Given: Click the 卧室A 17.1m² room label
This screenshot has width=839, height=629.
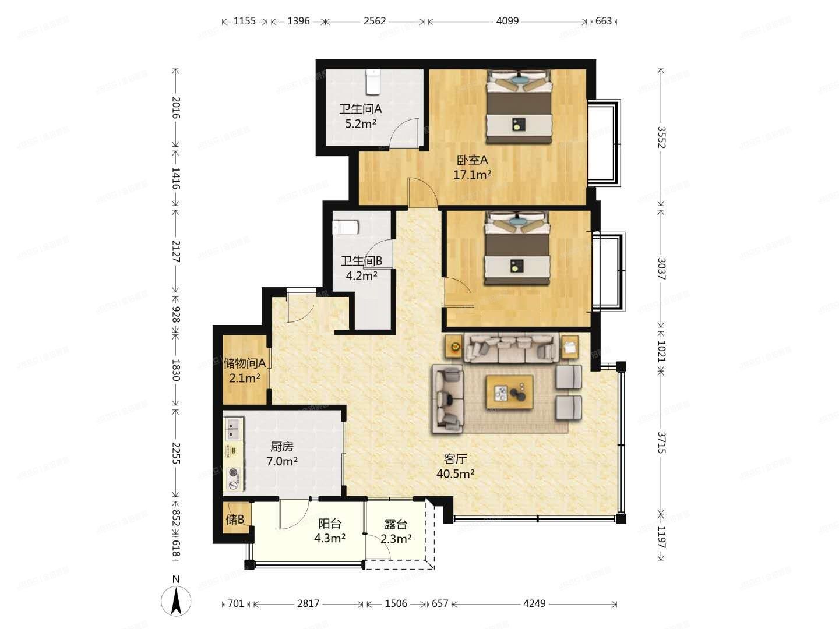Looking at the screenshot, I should (472, 167).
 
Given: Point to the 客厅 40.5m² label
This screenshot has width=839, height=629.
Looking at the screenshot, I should (455, 466).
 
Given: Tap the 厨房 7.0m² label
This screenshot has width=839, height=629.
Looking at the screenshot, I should (282, 454).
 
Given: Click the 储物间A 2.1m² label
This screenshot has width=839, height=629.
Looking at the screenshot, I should (245, 370).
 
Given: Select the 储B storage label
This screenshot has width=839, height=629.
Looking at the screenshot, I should (235, 520).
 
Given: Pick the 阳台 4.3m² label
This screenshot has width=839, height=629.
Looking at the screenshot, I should (330, 531).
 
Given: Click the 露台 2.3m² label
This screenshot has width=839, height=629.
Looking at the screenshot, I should (396, 532).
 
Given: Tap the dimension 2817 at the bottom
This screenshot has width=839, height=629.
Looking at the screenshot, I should (308, 603).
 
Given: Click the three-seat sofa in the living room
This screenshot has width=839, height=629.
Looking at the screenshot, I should (511, 348).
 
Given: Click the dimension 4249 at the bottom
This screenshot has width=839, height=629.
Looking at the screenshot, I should (534, 603).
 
